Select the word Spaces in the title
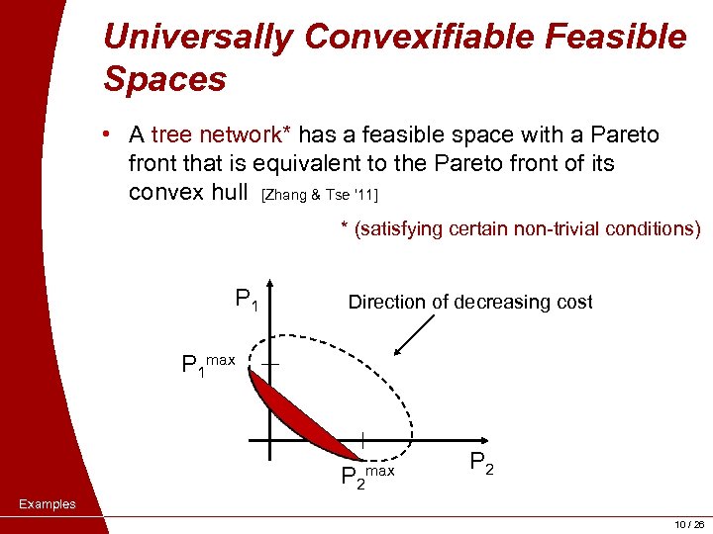click(164, 79)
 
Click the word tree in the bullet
click(172, 134)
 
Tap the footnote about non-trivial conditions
click(521, 228)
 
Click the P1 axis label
click(247, 298)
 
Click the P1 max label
click(208, 365)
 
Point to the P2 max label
click(366, 477)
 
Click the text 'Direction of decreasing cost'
click(470, 303)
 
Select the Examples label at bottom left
click(48, 504)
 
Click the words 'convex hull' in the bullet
click(188, 191)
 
